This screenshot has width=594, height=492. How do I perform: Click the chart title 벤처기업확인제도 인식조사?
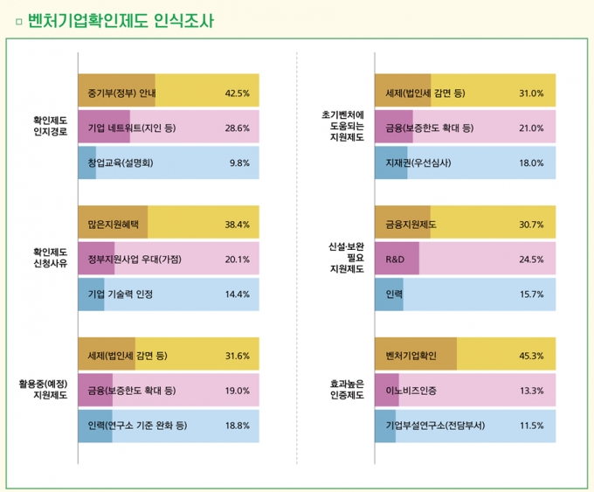[121, 21]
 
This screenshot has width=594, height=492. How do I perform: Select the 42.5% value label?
[238, 93]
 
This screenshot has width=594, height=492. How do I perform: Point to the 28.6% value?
[238, 128]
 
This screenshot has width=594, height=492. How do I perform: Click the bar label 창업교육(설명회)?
[121, 163]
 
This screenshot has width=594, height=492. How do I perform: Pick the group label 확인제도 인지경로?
[50, 128]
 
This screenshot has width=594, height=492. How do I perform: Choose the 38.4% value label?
[238, 225]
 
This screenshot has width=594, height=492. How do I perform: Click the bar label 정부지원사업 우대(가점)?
[135, 260]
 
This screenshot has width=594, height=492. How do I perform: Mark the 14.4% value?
[238, 295]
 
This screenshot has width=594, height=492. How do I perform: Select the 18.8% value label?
[238, 426]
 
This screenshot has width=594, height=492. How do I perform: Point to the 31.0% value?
[532, 93]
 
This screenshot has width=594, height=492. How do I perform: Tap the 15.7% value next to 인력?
[532, 295]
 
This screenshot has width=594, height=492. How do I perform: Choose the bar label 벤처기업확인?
[411, 356]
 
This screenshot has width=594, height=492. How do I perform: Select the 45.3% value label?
[532, 356]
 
